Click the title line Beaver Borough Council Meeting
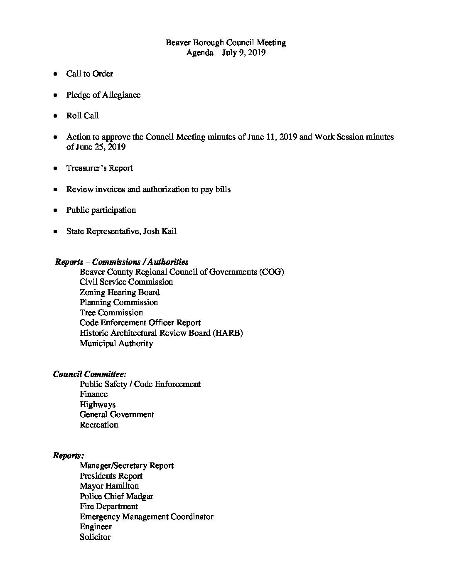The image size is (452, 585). pos(226,42)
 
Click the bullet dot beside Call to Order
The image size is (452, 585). pos(55,74)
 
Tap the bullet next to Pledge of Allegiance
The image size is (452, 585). pos(55,96)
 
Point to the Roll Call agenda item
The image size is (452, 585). pos(82,116)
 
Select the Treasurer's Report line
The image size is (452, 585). pos(99,168)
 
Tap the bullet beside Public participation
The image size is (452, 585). pos(55,211)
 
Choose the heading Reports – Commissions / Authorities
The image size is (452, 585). pos(122,262)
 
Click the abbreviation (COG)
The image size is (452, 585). pos(271,272)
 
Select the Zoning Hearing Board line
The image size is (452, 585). pos(120,292)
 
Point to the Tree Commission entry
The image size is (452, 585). pos(111,312)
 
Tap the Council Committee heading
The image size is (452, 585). pos(90,374)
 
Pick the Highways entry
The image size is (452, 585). pos(98,404)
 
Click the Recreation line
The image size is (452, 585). pos(99,425)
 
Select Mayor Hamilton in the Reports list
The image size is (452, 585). pos(109,486)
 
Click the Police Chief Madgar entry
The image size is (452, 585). pos(116,496)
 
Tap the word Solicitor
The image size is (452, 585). pos(95,537)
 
